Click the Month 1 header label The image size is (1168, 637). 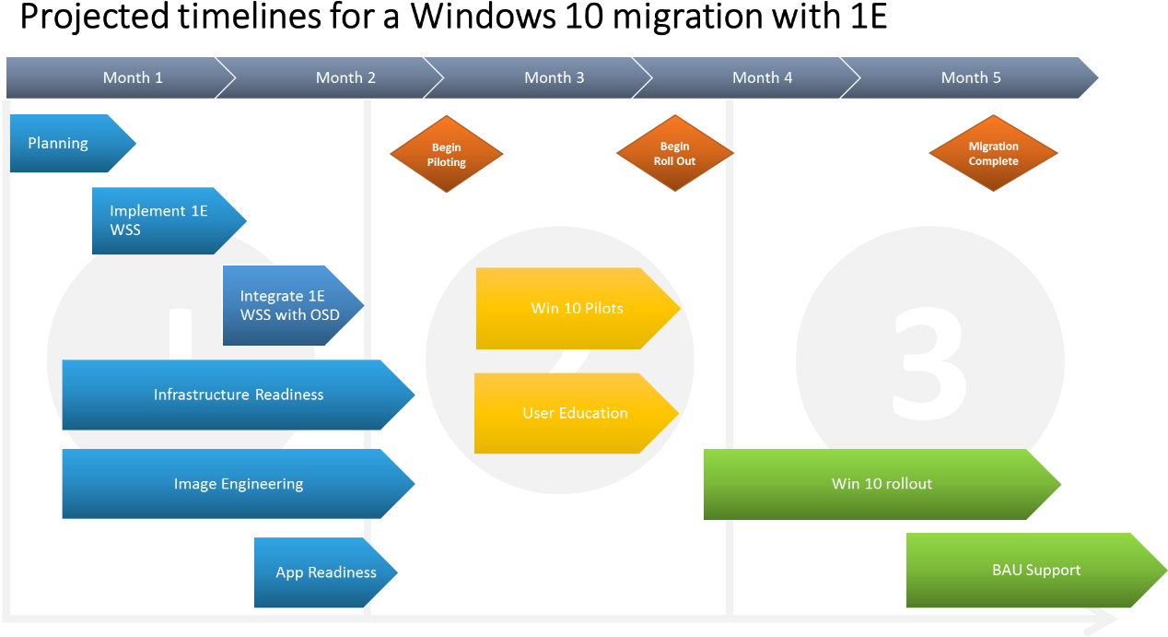133,78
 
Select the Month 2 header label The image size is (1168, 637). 345,78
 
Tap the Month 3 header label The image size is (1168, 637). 554,78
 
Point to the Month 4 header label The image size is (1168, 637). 762,78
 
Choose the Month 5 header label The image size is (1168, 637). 971,78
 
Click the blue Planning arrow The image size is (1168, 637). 64,144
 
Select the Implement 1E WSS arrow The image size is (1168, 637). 161,221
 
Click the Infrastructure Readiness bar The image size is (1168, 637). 238,395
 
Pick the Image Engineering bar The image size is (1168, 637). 238,484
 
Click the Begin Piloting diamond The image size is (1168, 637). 447,154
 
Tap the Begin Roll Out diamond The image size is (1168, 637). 674,153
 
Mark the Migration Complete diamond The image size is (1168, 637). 993,153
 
